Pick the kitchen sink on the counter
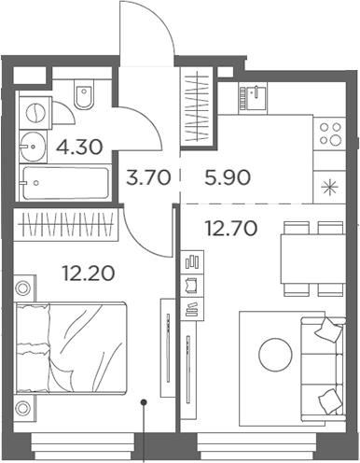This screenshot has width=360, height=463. [255, 93]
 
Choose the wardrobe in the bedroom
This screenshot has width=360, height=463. [65, 225]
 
